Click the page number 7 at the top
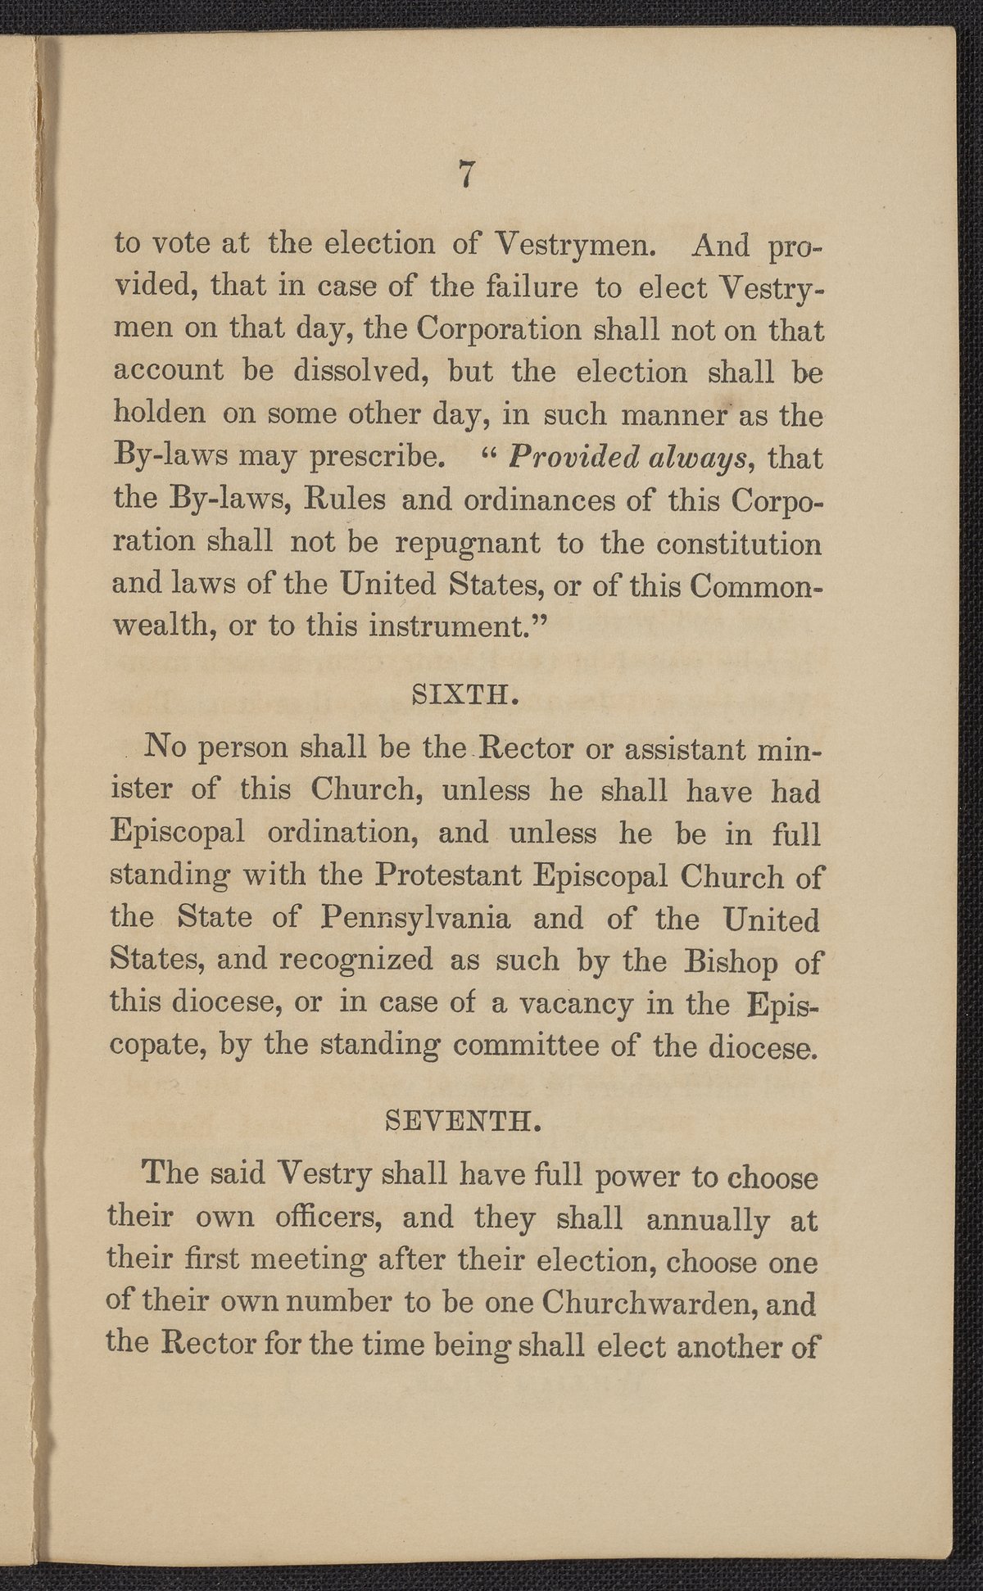point(466,174)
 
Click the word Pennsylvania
point(416,920)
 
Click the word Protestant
point(446,876)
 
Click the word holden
point(159,414)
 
